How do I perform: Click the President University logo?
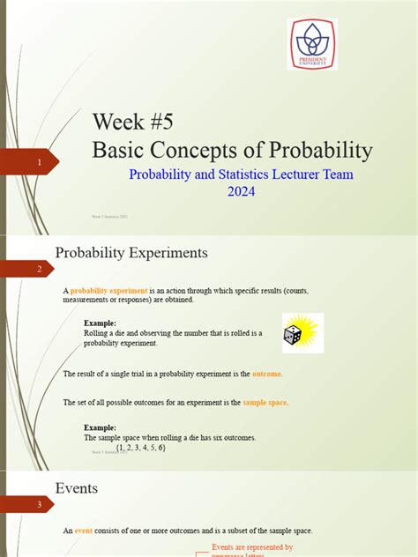(x=311, y=44)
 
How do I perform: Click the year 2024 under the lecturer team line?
(x=241, y=191)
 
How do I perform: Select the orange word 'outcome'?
(x=266, y=374)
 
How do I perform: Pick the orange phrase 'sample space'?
(x=265, y=402)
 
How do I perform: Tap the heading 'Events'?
(x=77, y=487)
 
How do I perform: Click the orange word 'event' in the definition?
(x=84, y=530)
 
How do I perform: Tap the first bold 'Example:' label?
(x=100, y=323)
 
